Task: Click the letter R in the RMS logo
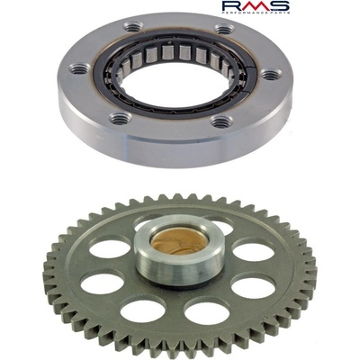tap(232, 5)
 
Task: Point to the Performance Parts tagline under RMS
tap(256, 13)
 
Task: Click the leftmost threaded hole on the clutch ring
tap(79, 67)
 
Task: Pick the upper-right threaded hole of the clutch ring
tap(224, 29)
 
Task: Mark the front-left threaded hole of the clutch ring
tap(119, 118)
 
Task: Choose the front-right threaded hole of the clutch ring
tap(221, 121)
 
